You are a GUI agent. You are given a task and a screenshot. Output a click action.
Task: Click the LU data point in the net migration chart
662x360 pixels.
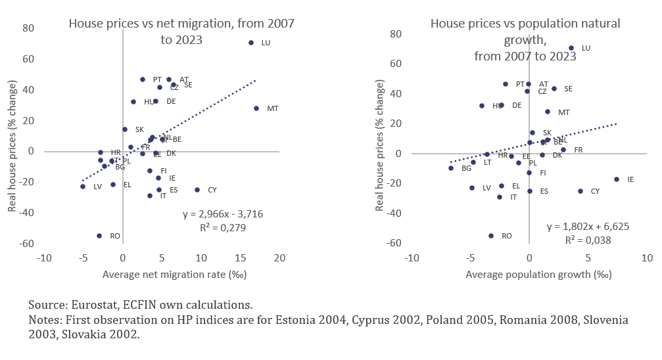click(x=251, y=43)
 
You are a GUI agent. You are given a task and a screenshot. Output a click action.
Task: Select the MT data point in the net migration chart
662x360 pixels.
click(x=256, y=108)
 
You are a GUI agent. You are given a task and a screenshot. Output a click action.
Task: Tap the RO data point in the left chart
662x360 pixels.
click(x=99, y=236)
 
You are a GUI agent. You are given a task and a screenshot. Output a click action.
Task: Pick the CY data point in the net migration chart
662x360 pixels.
click(x=197, y=190)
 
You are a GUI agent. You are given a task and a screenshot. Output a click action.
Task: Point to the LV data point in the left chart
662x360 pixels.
click(x=83, y=187)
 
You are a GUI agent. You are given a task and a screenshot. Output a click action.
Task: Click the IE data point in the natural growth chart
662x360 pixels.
click(x=617, y=179)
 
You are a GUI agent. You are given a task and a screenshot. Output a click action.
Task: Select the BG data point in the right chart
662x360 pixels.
click(x=451, y=168)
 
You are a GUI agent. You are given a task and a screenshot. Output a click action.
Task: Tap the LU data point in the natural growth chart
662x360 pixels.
click(x=571, y=48)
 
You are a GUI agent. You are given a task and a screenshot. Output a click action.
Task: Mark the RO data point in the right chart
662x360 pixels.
click(x=491, y=236)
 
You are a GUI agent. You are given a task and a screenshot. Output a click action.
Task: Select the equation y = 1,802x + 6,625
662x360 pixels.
click(x=588, y=227)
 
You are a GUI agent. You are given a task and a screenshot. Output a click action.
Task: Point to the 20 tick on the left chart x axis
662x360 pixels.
click(x=280, y=257)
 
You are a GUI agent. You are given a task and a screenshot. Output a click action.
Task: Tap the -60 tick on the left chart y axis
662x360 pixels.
click(x=27, y=244)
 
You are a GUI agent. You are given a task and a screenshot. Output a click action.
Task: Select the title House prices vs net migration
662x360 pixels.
click(x=181, y=24)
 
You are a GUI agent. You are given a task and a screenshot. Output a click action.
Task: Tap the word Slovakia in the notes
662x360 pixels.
click(x=95, y=334)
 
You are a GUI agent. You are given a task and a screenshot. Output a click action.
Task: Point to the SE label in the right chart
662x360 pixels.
click(x=568, y=89)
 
